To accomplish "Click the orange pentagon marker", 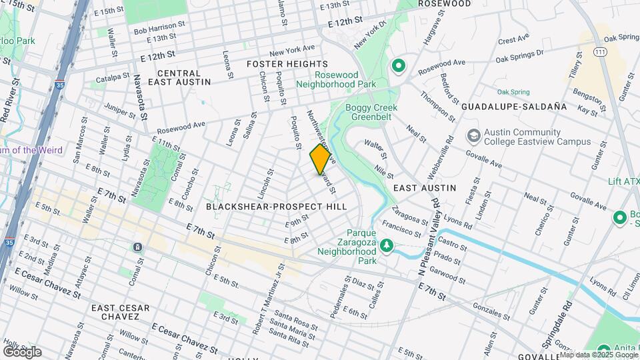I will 321,159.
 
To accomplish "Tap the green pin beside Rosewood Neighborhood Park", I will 399,65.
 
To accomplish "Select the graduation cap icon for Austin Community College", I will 473,136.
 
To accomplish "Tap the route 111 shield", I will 601,51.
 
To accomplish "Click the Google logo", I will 22,351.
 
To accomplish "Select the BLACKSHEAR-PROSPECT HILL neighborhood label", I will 276,207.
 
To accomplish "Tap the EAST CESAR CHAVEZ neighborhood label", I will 121,313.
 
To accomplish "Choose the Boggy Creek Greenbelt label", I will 371,113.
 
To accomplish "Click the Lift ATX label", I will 623,181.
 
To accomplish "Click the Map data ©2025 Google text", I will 598,355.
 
